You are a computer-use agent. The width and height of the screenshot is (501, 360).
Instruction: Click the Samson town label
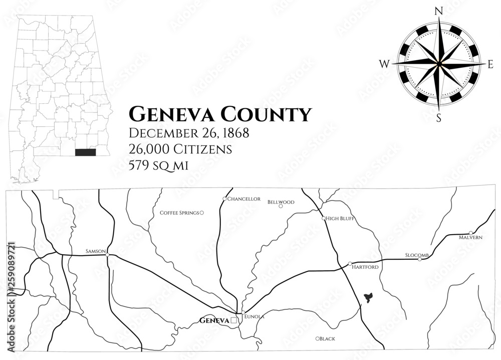click(96, 250)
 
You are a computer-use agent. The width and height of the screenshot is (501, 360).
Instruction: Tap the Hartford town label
click(366, 267)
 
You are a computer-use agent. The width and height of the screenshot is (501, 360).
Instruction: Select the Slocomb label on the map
click(417, 255)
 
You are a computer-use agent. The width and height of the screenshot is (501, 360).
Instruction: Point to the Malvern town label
click(470, 237)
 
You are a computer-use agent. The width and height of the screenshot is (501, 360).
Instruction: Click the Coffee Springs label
click(179, 213)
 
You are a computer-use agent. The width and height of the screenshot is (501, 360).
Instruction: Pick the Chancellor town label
click(244, 199)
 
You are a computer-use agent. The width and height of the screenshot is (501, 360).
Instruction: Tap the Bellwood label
click(281, 202)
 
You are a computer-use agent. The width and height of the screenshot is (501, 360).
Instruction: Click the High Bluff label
click(340, 219)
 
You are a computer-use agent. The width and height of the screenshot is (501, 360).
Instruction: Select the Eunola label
click(254, 317)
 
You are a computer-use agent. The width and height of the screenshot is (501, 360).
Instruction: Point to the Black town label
click(328, 339)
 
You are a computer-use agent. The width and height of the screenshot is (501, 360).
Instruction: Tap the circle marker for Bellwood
click(281, 206)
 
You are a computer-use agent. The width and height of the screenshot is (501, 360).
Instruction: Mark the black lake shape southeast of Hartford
click(369, 298)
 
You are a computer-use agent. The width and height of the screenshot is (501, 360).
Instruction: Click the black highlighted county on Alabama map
click(85, 152)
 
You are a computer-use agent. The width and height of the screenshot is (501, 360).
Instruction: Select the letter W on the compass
click(384, 64)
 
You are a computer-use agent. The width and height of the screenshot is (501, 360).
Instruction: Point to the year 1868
click(232, 134)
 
